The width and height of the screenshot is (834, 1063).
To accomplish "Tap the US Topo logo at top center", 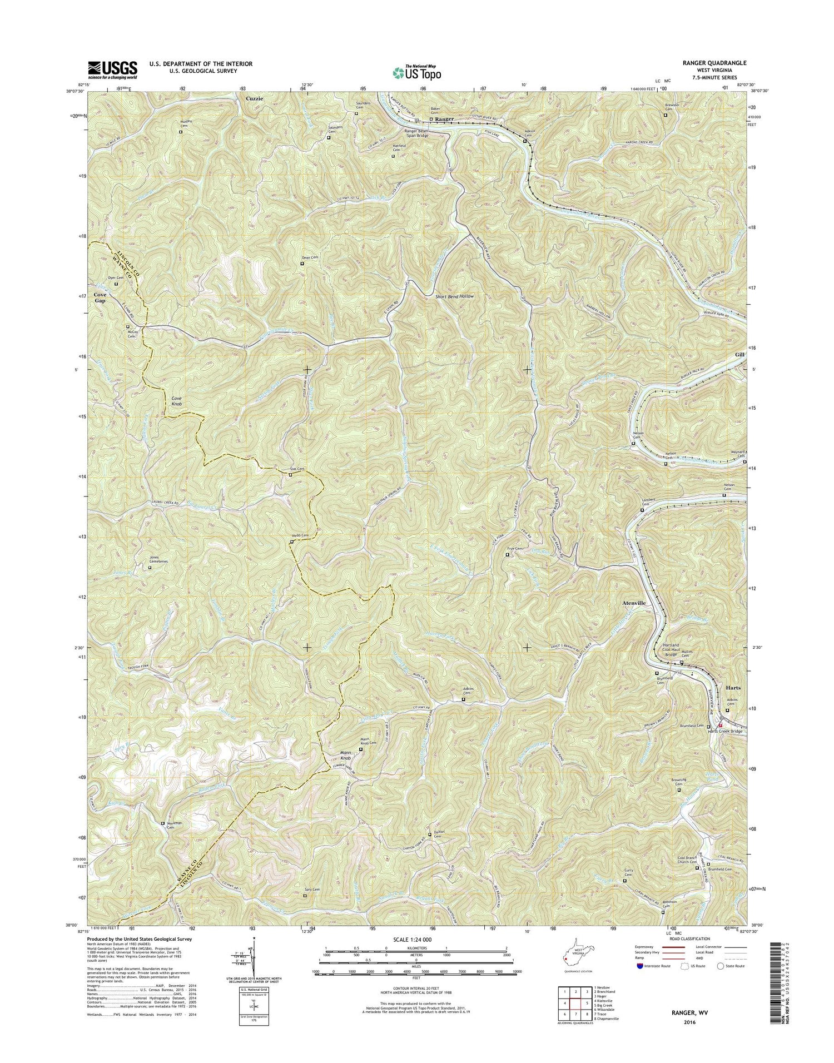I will (417, 72).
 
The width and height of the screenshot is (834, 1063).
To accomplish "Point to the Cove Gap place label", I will (100, 297).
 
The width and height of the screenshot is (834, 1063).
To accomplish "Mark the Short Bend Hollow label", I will (455, 296).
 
